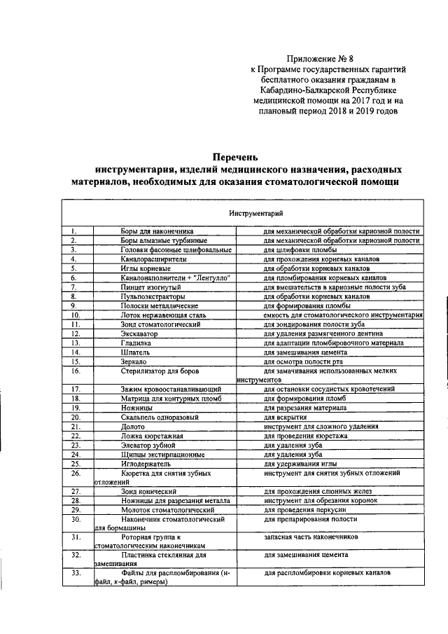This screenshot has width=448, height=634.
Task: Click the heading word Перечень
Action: pos(236,156)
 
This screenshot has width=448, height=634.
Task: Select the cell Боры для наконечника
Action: pos(156,230)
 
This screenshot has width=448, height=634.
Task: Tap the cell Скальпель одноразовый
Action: pos(160,417)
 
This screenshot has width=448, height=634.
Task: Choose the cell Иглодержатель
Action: pos(146,463)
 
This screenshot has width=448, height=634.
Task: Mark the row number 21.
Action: pos(77,426)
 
